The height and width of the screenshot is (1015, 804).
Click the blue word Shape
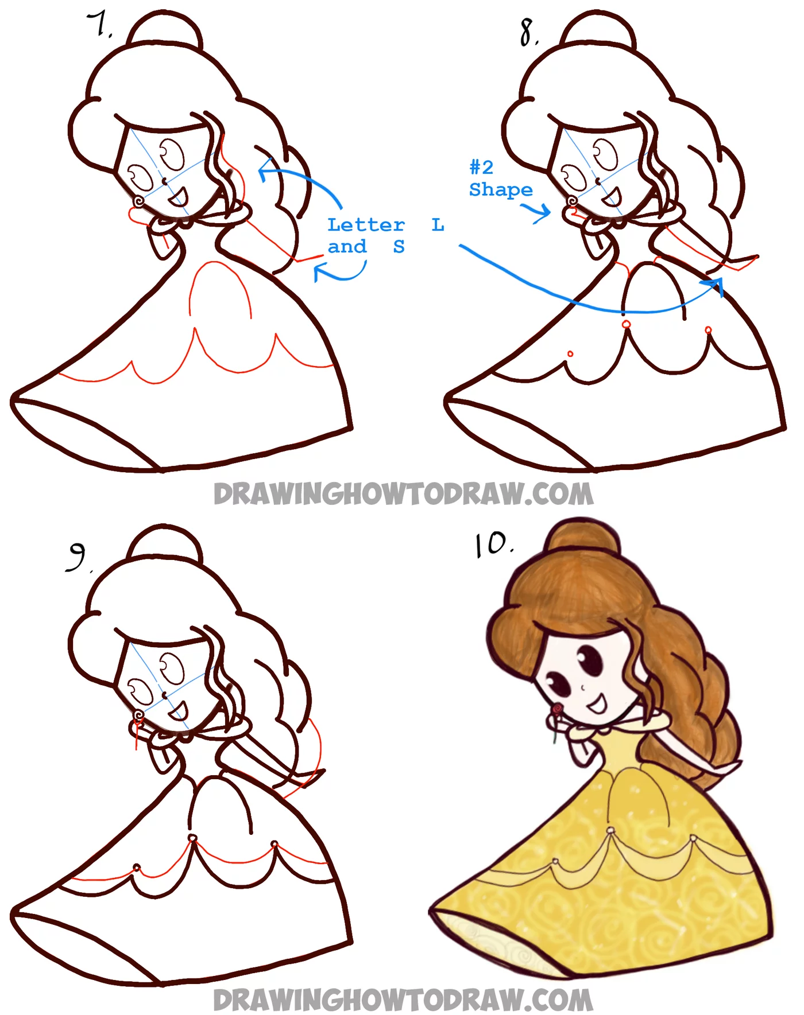(500, 189)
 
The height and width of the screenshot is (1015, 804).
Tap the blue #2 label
(481, 168)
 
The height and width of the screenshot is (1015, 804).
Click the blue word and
(347, 247)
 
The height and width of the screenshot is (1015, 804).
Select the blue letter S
(399, 247)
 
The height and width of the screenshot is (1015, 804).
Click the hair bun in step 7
(165, 32)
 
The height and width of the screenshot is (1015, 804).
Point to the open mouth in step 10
(597, 703)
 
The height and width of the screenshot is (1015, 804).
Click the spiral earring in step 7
(138, 201)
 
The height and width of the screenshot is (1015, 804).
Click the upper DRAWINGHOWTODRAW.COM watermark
(403, 494)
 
